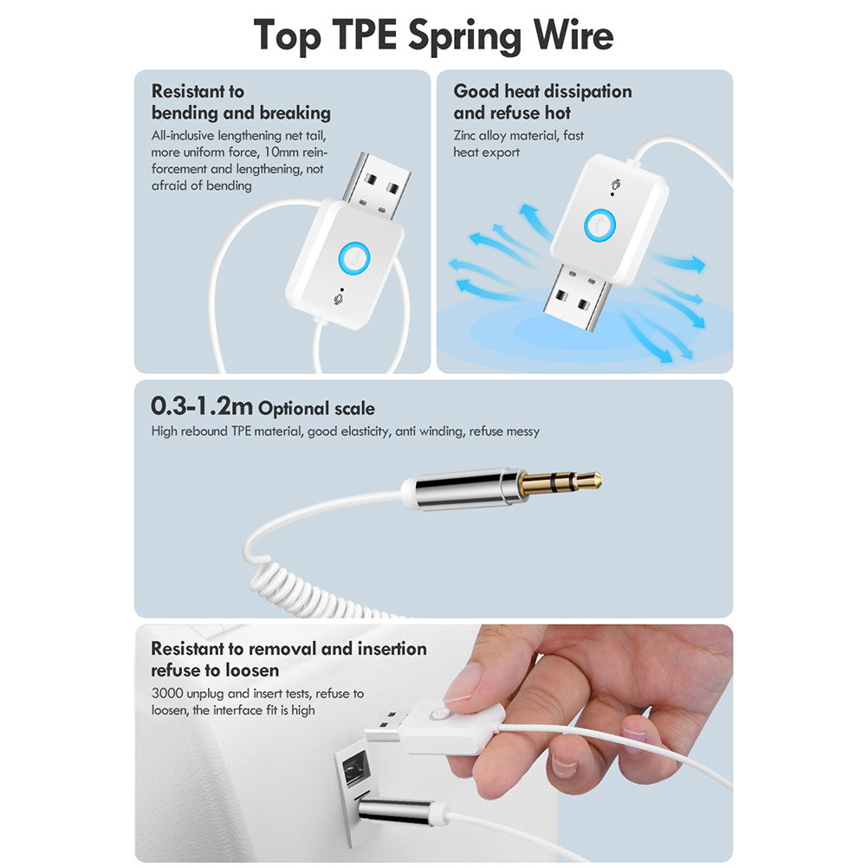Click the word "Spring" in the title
coord(464,36)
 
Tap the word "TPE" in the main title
coord(364,35)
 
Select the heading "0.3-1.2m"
coord(202,405)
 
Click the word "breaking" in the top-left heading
coord(295,113)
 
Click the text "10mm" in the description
coord(282,152)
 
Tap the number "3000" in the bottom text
coord(167,693)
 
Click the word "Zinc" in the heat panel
coord(464,136)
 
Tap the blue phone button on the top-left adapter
coord(354,258)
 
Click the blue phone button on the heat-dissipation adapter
coord(600,225)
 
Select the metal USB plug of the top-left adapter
coord(377,185)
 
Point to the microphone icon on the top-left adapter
coord(338,299)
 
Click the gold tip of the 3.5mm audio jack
coord(560,483)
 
